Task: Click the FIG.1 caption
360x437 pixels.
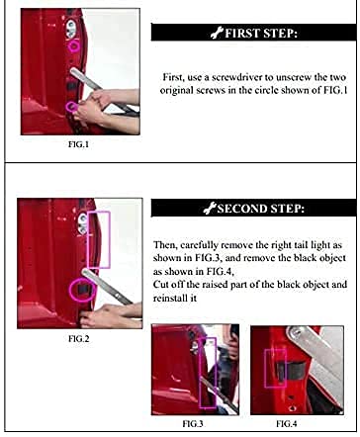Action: [78, 144]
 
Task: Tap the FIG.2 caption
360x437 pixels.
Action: [79, 339]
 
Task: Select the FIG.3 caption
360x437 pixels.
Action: [193, 424]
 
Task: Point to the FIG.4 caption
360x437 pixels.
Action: [287, 424]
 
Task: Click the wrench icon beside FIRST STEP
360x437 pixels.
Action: [217, 34]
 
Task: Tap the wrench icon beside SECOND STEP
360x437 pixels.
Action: [210, 209]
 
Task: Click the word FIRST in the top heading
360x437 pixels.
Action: [239, 34]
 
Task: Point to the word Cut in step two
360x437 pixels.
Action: [160, 285]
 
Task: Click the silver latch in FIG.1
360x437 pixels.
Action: [70, 29]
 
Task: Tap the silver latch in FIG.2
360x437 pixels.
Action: [83, 223]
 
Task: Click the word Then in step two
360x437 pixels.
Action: [165, 245]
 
